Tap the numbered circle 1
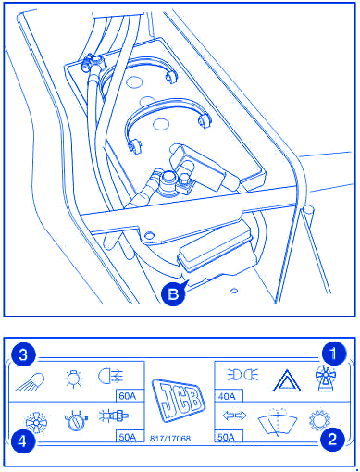pos(334,354)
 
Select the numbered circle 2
pos(332,439)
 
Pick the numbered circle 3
pos(23,354)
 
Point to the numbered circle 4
pos(23,441)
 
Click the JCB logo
pos(179,400)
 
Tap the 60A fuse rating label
pos(128,396)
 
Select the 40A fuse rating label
pos(227,396)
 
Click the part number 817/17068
pos(170,439)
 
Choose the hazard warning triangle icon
pos(287,381)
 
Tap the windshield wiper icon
pos(278,422)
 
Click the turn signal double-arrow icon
pos(234,416)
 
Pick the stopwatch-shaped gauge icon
pos(76,420)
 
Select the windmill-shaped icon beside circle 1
pos(325,379)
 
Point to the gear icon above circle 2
pos(319,419)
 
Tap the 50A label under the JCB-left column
pos(128,437)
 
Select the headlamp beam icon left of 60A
pos(111,377)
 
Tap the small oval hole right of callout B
pos(234,291)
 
